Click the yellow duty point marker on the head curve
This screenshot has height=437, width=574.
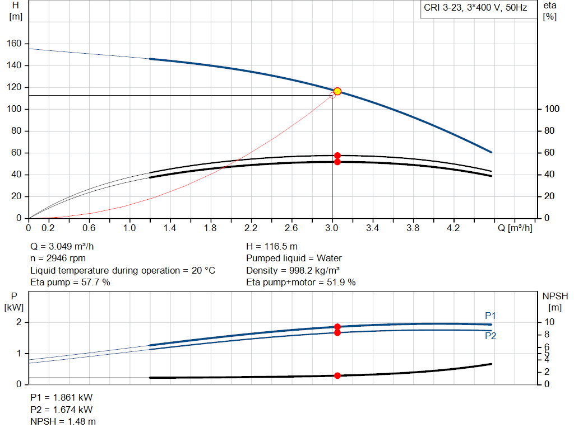coord(337,91)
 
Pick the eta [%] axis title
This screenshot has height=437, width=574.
coord(549,11)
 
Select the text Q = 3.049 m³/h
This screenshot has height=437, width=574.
coord(66,246)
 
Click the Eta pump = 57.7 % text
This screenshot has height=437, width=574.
coord(70,283)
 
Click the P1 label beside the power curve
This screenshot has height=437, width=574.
coord(490,316)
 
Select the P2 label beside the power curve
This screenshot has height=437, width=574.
coord(490,336)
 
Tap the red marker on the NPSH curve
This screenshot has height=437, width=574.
coord(337,376)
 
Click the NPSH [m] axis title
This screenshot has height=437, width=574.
coord(552,301)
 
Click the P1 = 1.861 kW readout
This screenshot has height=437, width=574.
coord(62,397)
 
